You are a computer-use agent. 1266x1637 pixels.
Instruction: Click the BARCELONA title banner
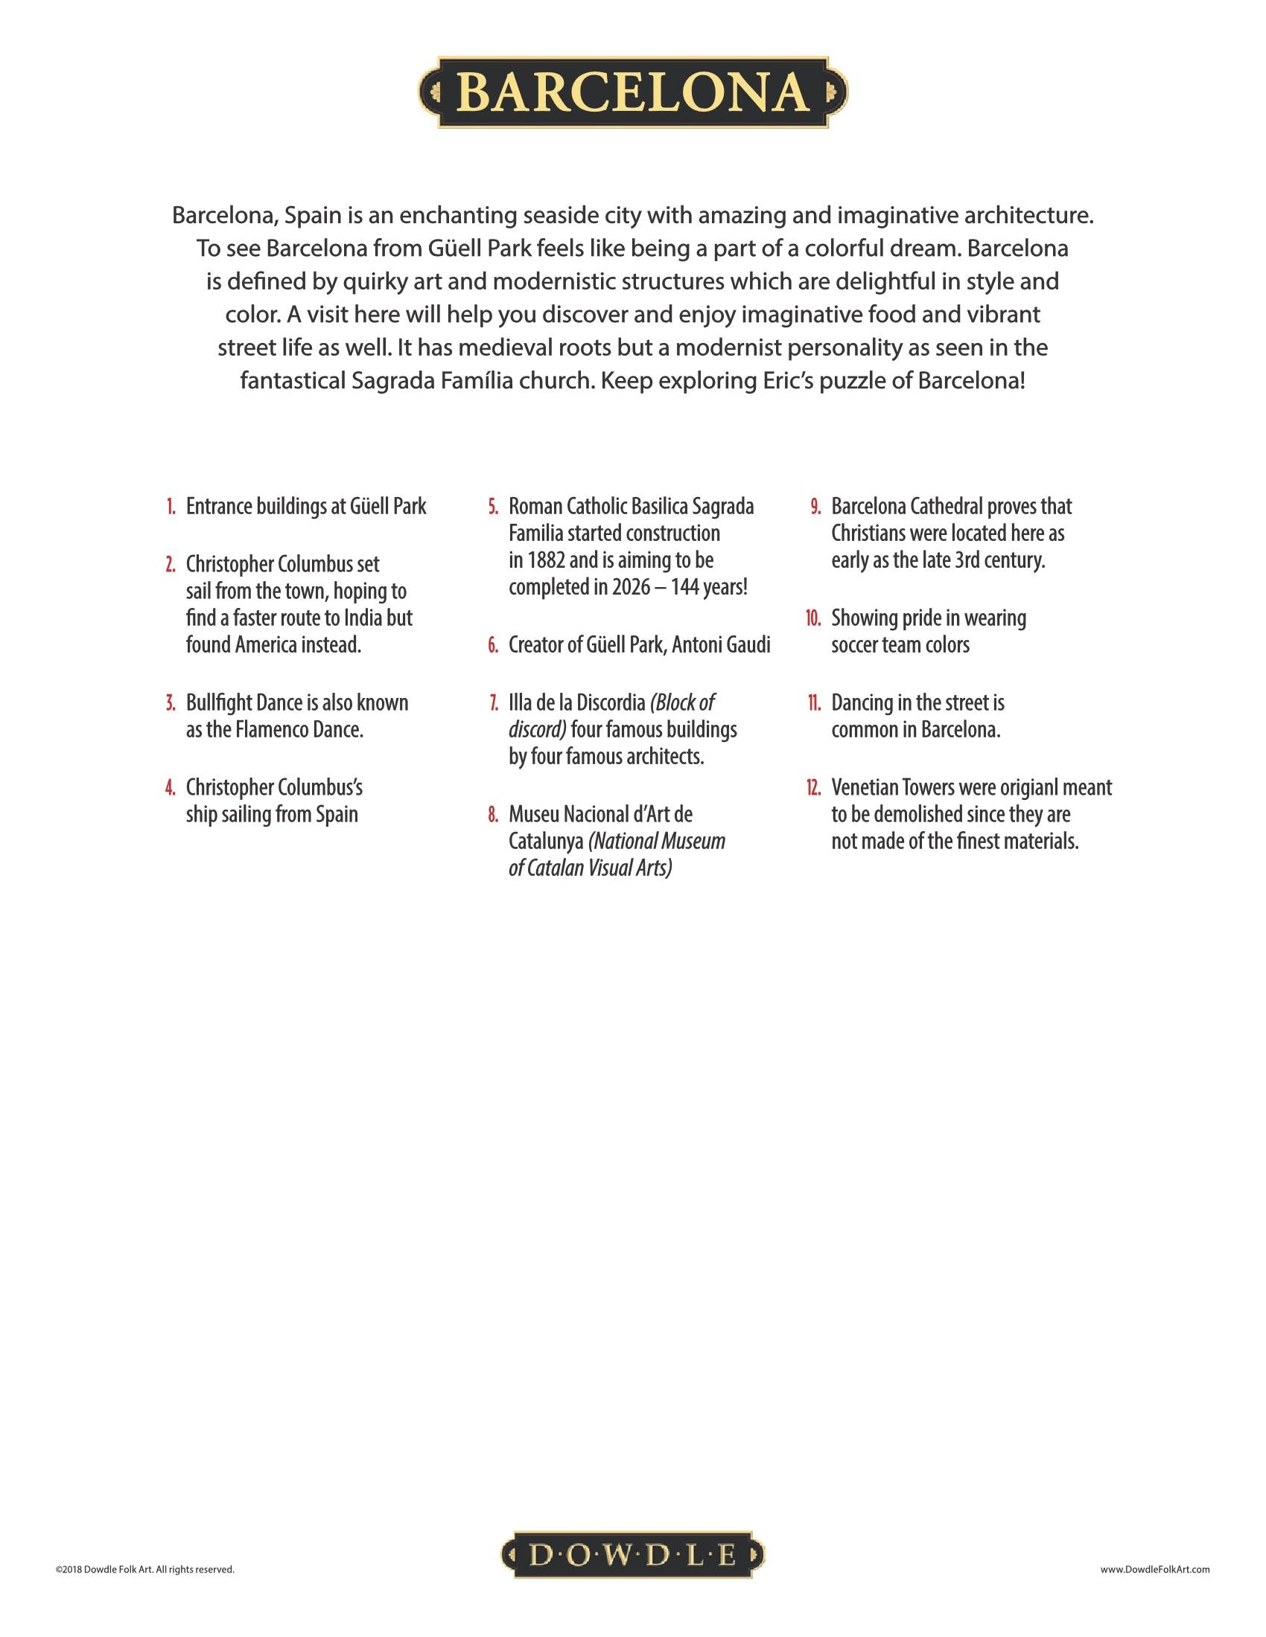633,92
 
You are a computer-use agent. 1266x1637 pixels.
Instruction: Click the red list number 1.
171,507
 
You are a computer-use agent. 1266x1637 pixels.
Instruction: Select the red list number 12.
813,788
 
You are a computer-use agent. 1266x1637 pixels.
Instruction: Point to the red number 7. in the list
493,703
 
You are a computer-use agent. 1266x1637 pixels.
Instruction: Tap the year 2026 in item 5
631,588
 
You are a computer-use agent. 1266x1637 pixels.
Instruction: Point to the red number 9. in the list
815,507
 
